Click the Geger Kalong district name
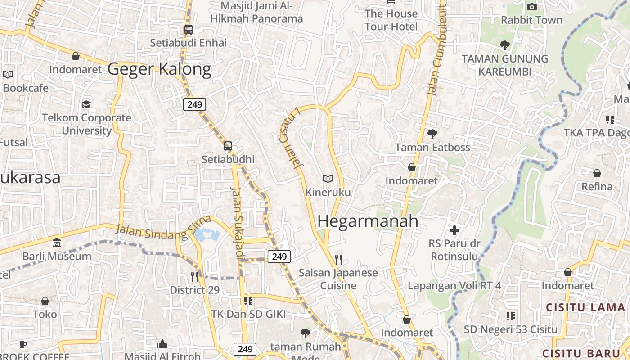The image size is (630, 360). [x=159, y=69]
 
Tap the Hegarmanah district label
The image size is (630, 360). [x=368, y=221]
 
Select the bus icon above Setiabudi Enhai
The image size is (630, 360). [x=189, y=30]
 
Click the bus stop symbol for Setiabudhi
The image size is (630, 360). [x=228, y=146]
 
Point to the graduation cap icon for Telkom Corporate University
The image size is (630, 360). [x=86, y=105]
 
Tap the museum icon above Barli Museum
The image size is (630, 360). [x=57, y=243]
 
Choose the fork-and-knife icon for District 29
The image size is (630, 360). [x=194, y=276]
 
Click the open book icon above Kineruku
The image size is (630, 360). [x=328, y=179]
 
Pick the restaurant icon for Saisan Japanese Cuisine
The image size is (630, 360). [x=339, y=259]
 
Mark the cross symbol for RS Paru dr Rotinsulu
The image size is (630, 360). [x=454, y=230]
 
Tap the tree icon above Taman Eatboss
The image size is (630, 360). [x=432, y=134]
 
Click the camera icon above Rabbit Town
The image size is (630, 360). [x=531, y=7]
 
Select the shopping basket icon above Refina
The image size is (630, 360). [x=597, y=173]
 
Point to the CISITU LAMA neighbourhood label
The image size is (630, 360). [x=585, y=308]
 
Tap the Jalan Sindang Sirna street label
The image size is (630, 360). [x=163, y=228]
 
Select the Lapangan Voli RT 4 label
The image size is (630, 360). [x=454, y=286]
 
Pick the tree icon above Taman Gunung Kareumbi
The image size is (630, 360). [x=504, y=45]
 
